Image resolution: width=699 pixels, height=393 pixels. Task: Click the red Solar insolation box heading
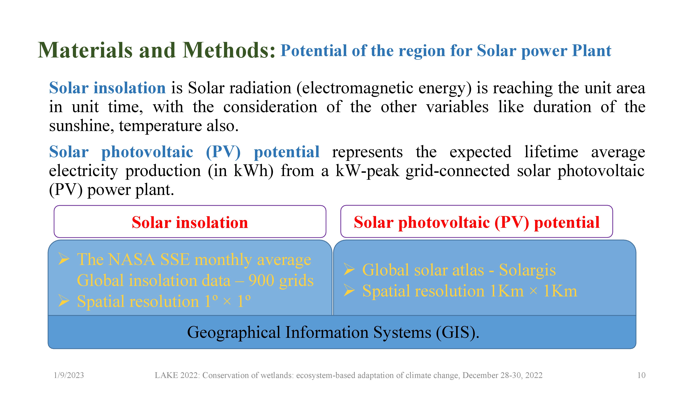[x=190, y=223]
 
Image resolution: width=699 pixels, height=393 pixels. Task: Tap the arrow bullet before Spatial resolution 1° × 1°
[x=64, y=301]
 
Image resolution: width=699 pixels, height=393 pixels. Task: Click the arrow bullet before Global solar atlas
[x=349, y=270]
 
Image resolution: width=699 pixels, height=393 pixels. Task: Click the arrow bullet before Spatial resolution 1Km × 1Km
[x=349, y=291]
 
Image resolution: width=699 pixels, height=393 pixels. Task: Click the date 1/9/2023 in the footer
[x=69, y=375]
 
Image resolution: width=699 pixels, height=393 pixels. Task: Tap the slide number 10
[x=641, y=375]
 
